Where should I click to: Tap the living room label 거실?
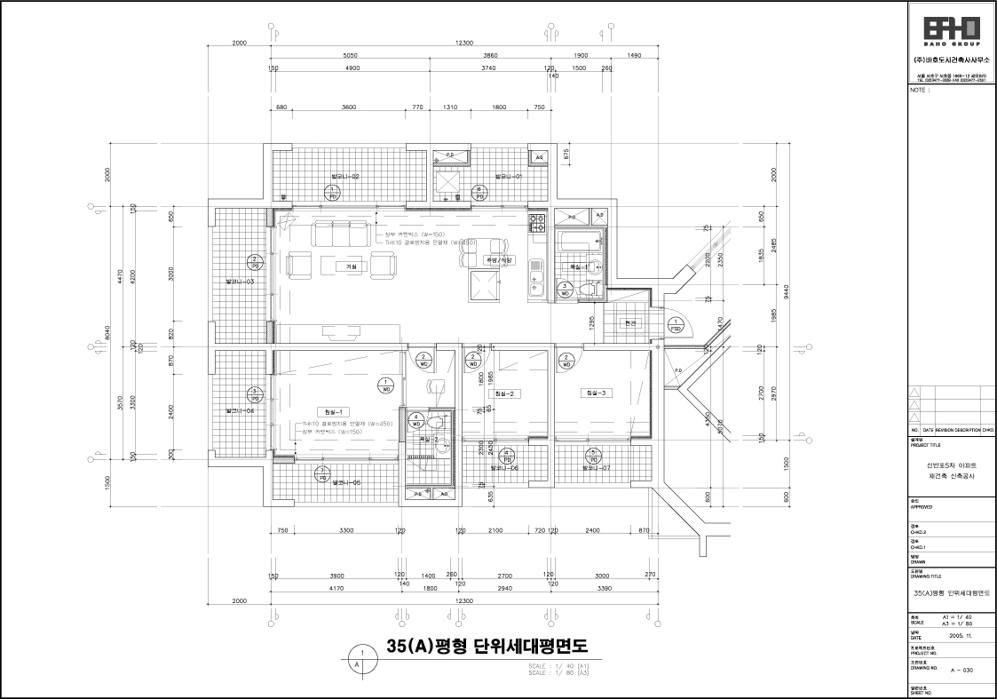(351, 266)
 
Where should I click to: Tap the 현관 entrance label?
(631, 322)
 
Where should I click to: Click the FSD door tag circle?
(674, 325)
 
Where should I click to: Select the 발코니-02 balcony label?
(344, 177)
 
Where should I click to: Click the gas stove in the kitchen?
(537, 222)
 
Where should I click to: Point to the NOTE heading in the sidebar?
(920, 90)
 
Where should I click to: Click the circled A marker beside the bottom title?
(358, 663)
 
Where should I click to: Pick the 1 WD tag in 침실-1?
(386, 385)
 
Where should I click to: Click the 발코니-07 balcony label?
(596, 467)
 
